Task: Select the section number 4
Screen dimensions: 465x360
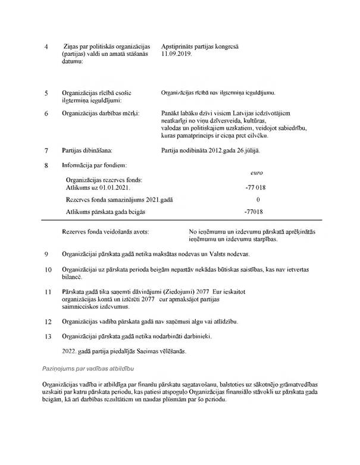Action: pos(47,46)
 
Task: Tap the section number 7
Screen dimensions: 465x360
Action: pos(47,151)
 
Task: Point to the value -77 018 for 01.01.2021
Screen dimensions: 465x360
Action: pos(254,187)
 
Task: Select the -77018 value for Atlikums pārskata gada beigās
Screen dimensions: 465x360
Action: pos(254,212)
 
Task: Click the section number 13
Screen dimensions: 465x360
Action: pos(49,336)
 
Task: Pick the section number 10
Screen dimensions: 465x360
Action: pos(49,270)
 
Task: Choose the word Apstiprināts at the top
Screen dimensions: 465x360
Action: pos(180,46)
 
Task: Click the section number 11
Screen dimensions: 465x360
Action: pos(49,293)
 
